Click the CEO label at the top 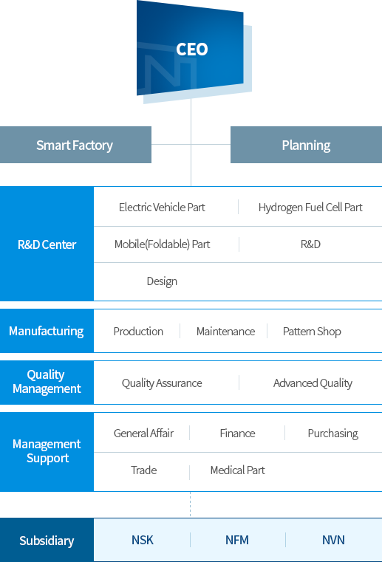tap(192, 49)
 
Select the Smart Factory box tap(75, 145)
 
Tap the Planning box tap(307, 145)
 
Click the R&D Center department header tap(47, 244)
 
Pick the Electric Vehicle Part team tap(162, 208)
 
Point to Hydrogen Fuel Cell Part tap(310, 208)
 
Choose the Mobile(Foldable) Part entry tap(162, 244)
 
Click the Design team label tap(162, 281)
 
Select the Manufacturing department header tap(47, 331)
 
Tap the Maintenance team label tap(225, 332)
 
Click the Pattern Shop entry tap(312, 332)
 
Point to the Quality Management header tap(47, 382)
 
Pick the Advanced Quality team tap(313, 383)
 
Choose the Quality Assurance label tap(162, 383)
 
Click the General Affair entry tap(143, 434)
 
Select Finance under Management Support tap(237, 434)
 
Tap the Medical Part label tap(237, 470)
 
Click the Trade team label tap(143, 470)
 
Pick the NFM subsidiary tap(237, 540)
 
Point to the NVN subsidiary tap(333, 540)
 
